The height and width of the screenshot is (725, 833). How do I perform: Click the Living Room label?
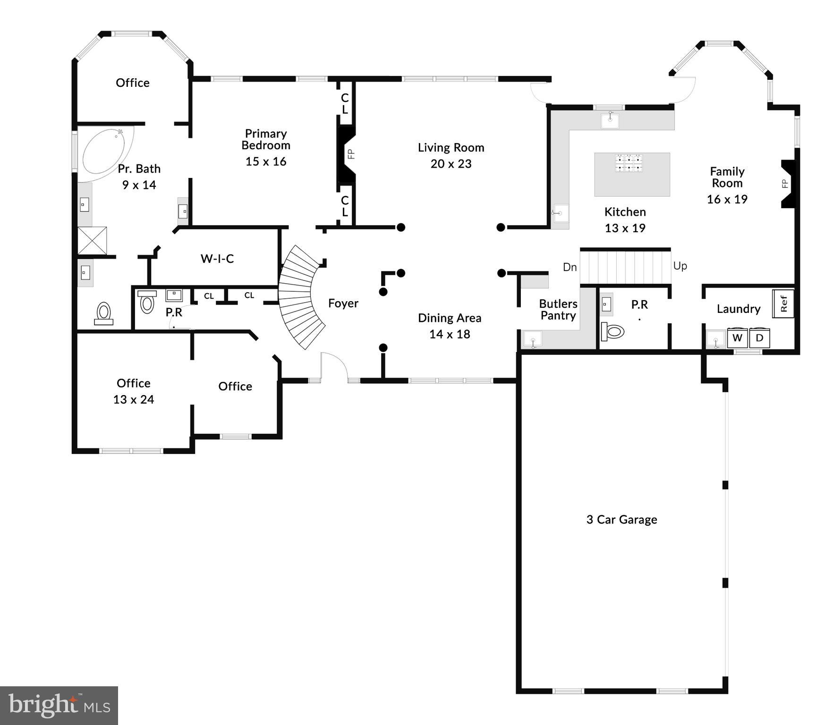pos(451,148)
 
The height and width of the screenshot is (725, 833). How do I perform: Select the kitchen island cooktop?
pos(629,163)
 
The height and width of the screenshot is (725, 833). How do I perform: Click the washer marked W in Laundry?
pos(737,338)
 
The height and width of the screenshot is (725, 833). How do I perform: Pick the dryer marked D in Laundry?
pos(759,338)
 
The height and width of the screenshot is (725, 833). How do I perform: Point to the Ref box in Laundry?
pos(783,303)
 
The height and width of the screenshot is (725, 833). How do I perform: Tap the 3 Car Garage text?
pos(621,520)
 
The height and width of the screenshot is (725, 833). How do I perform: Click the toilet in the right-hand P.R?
pos(613,331)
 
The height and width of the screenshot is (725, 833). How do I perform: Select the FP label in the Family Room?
pos(785,184)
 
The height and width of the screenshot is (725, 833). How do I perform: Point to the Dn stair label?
pos(569,267)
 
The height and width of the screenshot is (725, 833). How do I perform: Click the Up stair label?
pos(680,266)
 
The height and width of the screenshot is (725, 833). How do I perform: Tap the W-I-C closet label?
pos(217,259)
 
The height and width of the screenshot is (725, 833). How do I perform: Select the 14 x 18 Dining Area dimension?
pos(450,334)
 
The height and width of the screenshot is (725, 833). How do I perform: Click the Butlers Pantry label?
pos(558,310)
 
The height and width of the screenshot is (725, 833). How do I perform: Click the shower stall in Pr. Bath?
pos(92,241)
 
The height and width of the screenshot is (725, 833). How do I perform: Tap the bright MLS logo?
pos(59,705)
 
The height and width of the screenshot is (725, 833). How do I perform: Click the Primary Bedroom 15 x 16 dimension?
pos(266,161)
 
